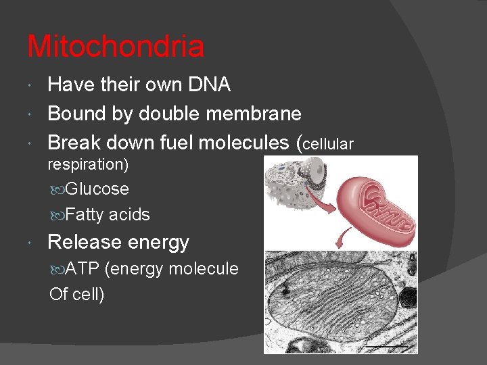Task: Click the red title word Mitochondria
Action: pos(116,47)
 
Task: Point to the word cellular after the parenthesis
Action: pos(328,143)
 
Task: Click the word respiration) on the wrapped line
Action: pos(87,164)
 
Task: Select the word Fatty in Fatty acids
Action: pos(85,215)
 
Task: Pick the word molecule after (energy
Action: pos(204,268)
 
